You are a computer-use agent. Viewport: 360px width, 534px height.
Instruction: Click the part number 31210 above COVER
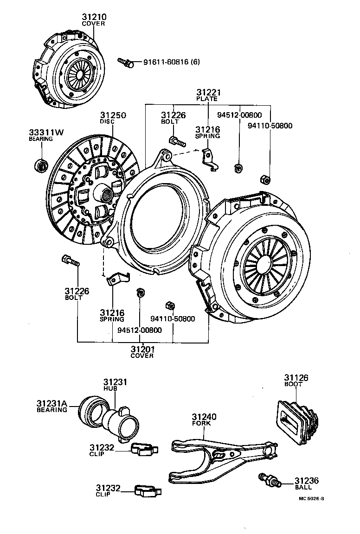(94, 17)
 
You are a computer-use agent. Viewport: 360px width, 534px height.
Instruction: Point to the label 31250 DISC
(113, 118)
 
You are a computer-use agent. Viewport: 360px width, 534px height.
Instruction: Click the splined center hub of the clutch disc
(106, 195)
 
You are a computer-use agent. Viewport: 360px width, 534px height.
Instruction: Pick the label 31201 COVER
(142, 351)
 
